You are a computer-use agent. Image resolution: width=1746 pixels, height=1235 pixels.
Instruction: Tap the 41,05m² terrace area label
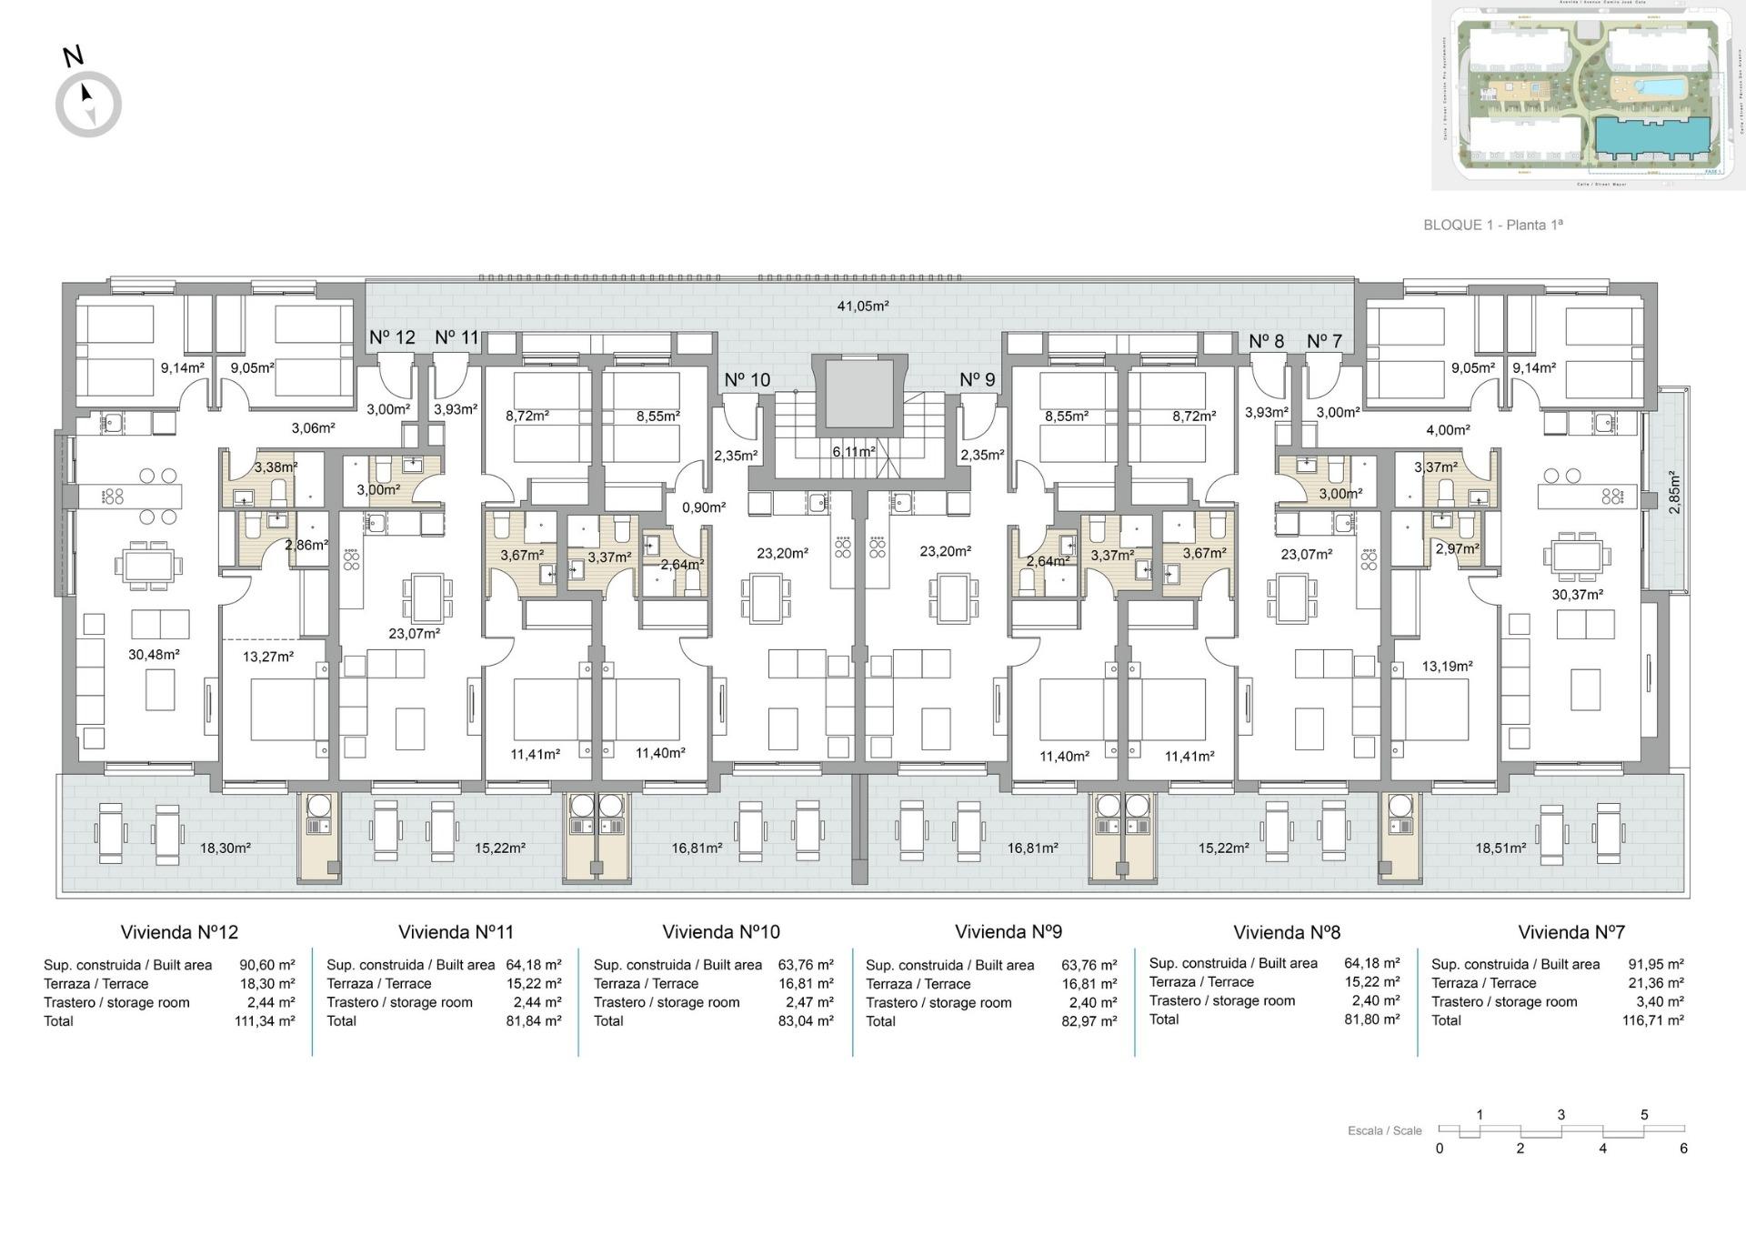[862, 306]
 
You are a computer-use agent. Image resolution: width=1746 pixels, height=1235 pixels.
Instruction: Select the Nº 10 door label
[747, 380]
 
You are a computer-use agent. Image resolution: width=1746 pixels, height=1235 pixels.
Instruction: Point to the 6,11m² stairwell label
[854, 452]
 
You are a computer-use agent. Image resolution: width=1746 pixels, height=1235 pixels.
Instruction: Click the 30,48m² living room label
[154, 655]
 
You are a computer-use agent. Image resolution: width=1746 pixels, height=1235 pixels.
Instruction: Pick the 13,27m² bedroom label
[267, 657]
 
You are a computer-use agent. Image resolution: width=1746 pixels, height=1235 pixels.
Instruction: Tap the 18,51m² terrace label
[1500, 848]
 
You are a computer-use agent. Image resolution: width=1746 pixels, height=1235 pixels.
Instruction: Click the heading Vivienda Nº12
[179, 932]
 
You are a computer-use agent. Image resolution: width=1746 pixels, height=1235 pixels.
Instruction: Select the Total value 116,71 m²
[1655, 1020]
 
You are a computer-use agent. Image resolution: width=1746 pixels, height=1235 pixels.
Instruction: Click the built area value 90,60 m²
[266, 965]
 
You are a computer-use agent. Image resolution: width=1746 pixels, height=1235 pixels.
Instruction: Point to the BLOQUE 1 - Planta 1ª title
[1492, 225]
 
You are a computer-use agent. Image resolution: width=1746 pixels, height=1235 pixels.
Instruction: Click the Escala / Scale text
[1384, 1131]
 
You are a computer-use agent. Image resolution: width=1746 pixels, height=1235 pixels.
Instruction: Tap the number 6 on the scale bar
[1683, 1149]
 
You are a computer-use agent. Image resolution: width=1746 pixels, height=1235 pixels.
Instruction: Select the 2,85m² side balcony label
[1674, 492]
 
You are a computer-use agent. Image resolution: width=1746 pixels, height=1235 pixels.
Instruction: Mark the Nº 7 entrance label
[1324, 341]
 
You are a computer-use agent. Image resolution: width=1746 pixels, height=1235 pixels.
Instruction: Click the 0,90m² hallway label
[703, 507]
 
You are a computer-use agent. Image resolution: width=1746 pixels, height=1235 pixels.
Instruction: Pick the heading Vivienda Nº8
[1286, 932]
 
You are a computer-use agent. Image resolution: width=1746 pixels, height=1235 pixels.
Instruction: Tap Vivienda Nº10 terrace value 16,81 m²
[806, 984]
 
